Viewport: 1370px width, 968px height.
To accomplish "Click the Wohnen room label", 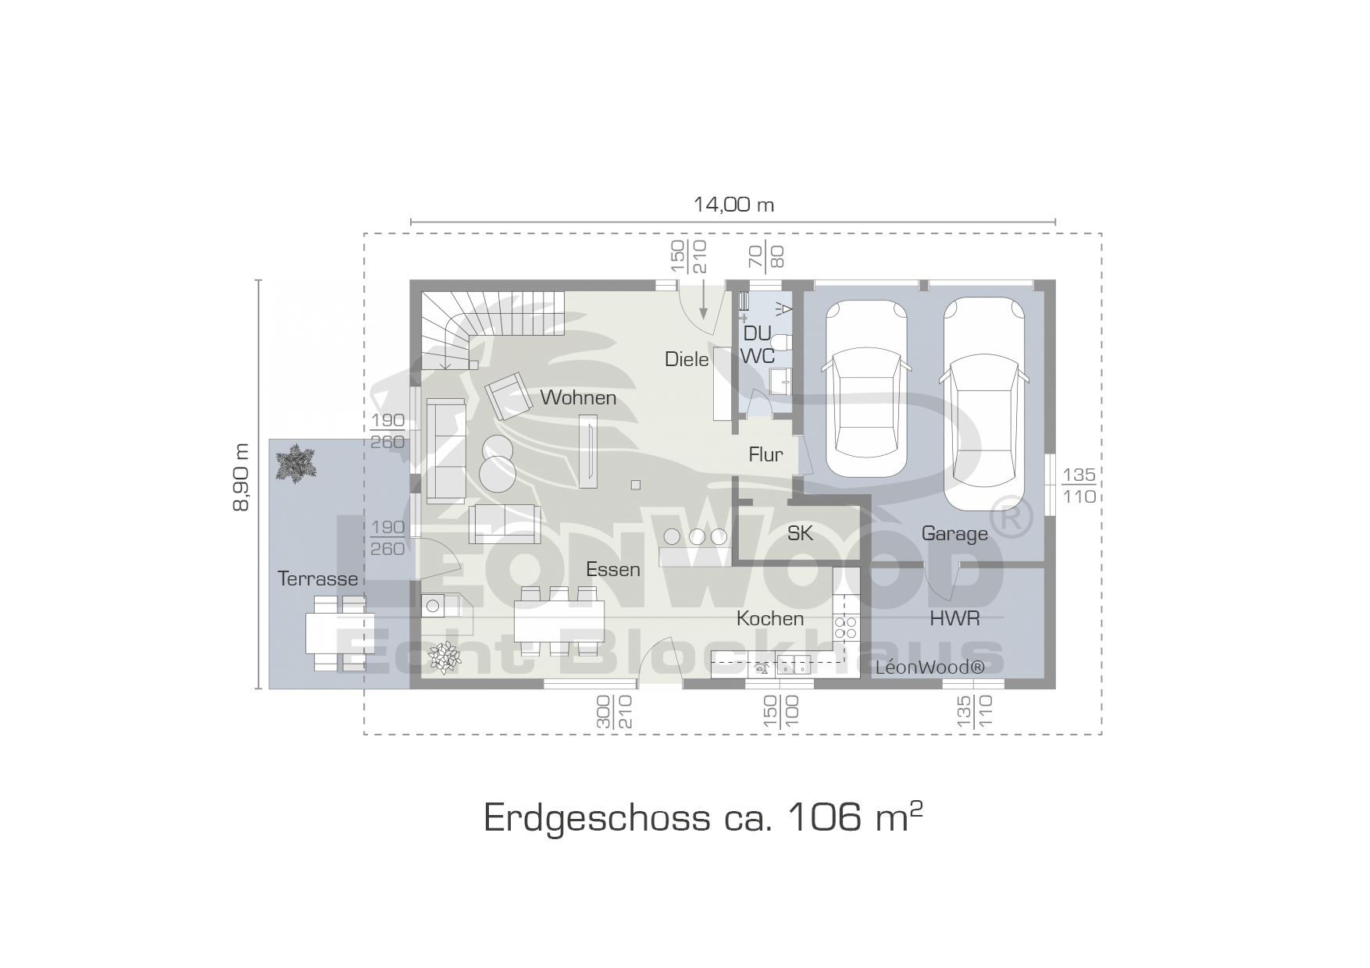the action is point(578,397).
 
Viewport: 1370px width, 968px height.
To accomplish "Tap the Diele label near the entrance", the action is point(687,359).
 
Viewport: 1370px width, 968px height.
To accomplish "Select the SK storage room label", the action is point(800,533).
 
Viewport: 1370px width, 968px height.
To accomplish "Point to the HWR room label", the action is point(954,618).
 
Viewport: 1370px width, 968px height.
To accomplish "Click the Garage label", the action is point(954,534).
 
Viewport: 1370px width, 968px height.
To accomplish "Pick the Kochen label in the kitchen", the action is point(770,618).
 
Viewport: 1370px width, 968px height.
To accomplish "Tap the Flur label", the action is point(765,454).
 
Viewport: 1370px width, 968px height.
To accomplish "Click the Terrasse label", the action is point(318,578).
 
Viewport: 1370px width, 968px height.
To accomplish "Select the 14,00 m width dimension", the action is point(733,205).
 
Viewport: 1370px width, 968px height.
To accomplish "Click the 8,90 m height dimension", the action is point(241,477).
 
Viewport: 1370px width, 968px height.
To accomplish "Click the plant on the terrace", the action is point(296,464).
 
